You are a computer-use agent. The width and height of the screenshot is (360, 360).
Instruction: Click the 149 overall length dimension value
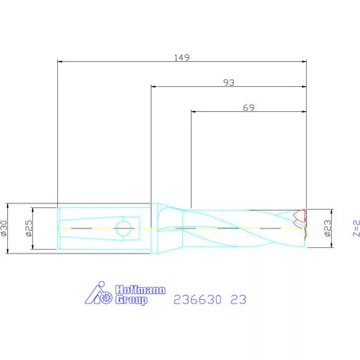pos(182,57)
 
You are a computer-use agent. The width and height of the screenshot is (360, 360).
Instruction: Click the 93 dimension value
pos(229,82)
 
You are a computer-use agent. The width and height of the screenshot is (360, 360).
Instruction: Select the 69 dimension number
pos(249,109)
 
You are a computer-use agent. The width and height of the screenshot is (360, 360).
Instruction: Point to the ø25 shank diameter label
pos(27,229)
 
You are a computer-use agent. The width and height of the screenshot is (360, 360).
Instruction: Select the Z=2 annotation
pos(355,229)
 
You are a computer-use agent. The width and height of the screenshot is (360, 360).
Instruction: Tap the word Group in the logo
pos(131,300)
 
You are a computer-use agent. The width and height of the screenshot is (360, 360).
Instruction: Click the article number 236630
pos(196,299)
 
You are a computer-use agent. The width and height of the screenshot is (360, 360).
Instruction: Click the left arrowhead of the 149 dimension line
pos(62,61)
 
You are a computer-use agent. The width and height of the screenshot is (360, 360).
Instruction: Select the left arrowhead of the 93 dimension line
pos(153,86)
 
